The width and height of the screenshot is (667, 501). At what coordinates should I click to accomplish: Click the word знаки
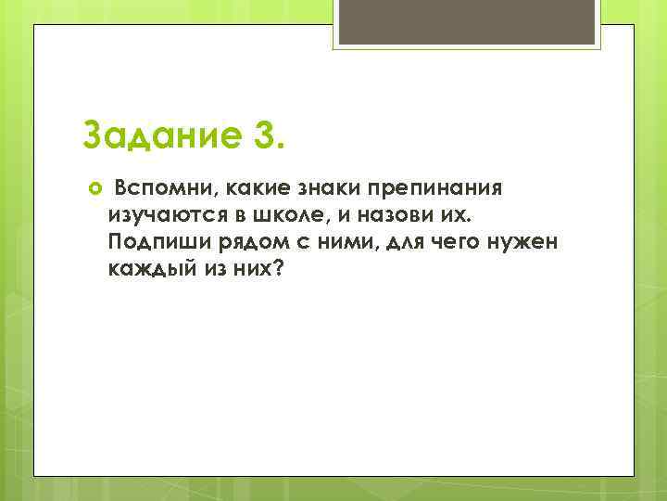pyautogui.click(x=318, y=189)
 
